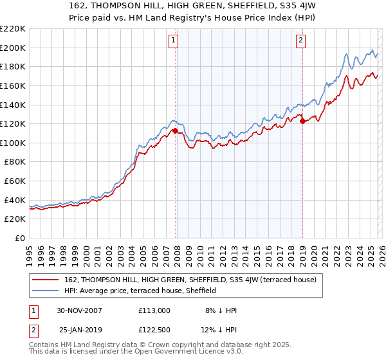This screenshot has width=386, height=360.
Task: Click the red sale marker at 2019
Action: pyautogui.click(x=302, y=122)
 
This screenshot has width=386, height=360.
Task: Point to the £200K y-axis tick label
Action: pyautogui.click(x=14, y=48)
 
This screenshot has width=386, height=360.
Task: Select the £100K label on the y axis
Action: pyautogui.click(x=14, y=143)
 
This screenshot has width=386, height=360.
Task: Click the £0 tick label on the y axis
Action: pyautogui.click(x=21, y=238)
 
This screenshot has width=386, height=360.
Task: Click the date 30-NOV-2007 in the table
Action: pyautogui.click(x=80, y=310)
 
